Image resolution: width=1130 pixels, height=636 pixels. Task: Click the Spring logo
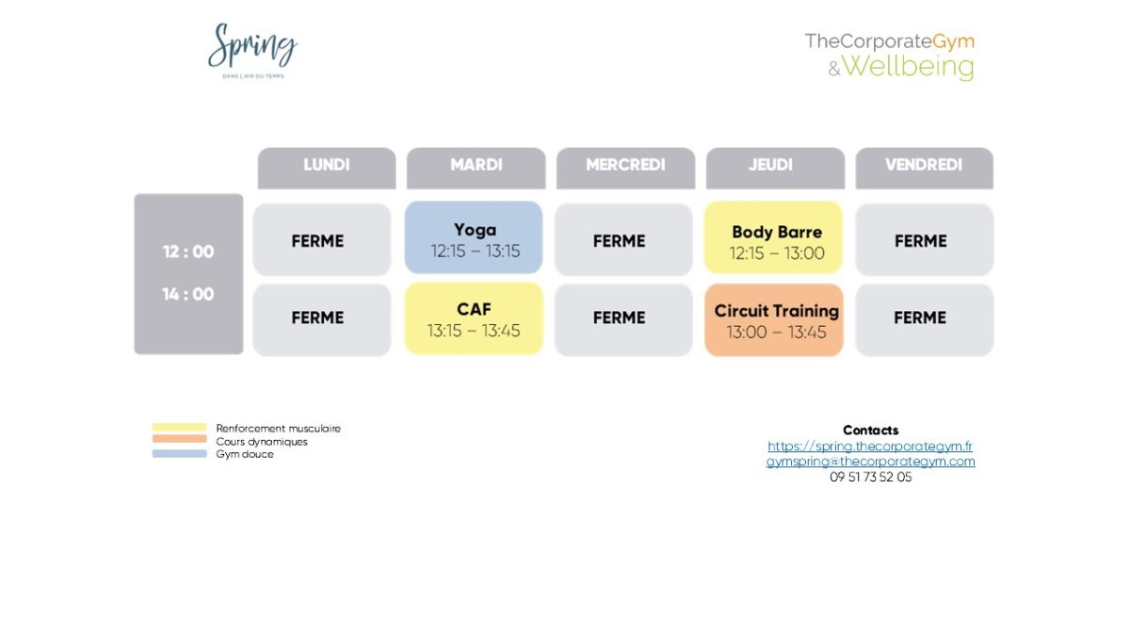pos(251,50)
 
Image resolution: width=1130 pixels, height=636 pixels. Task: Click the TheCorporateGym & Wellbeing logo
pos(890,55)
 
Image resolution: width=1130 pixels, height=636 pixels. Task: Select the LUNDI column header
pos(327,167)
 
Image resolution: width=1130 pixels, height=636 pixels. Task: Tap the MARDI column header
pos(476,167)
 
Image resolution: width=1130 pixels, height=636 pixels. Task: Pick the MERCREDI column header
pos(625,167)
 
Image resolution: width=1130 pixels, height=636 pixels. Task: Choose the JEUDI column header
pos(774,167)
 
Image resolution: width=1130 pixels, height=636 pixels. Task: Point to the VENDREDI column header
pos(924,167)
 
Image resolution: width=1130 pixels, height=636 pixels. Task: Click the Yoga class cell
pos(475,239)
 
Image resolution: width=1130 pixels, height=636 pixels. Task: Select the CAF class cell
pos(475,318)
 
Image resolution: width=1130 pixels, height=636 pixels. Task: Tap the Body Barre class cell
pos(774,239)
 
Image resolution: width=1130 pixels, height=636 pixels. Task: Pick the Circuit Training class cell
pos(774,319)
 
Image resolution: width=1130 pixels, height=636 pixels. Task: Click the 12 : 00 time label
pos(188,252)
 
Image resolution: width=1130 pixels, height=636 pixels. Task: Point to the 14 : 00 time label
pos(188,294)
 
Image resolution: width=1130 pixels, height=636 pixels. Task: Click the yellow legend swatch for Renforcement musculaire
pos(179,428)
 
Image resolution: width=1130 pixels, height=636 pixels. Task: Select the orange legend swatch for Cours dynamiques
pos(179,440)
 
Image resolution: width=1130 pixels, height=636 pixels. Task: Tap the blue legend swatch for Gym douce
pos(179,453)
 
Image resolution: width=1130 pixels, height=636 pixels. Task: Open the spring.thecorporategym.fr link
pos(870,446)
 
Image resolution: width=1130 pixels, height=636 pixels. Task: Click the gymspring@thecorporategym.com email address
pos(870,462)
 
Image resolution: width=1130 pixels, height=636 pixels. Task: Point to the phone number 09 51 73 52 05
pos(870,477)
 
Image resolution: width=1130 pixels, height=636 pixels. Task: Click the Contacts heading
pos(870,431)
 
